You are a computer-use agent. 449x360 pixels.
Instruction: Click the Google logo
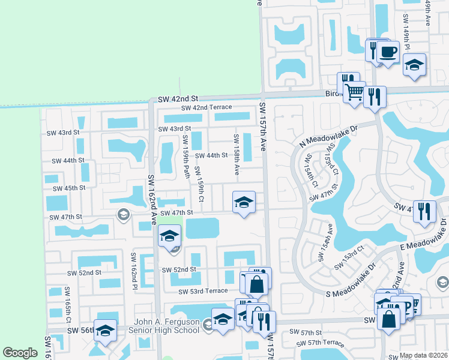coord(20,353)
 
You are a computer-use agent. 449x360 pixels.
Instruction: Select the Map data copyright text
coord(424,355)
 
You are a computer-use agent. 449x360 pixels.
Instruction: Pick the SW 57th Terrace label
coord(321,343)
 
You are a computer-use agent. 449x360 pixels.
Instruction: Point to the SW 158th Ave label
coord(237,154)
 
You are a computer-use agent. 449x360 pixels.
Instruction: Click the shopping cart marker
coord(355,92)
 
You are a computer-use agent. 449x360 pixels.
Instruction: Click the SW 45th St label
coord(66,188)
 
